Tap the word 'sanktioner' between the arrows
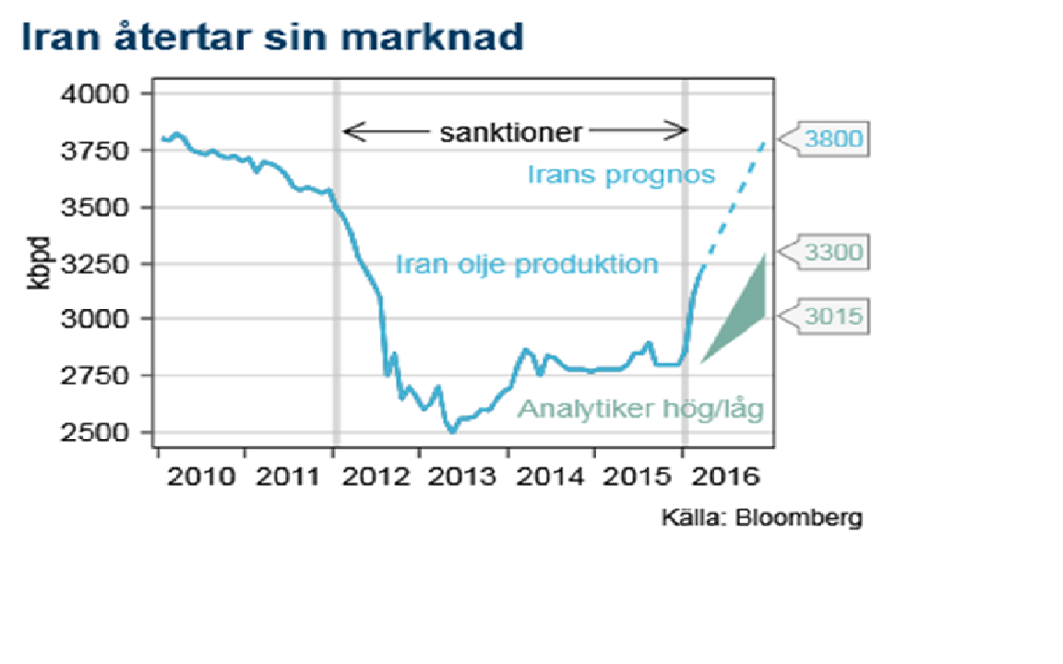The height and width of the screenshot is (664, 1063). pos(510,132)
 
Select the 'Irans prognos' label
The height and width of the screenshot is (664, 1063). pos(621,173)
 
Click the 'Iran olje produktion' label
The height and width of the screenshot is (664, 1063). pos(527,265)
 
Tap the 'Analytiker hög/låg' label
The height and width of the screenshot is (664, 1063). pos(640,409)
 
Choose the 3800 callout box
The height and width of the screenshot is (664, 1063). pos(832,139)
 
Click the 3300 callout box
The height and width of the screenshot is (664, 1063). pos(832,252)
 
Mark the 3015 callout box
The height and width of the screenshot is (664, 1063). pos(832,316)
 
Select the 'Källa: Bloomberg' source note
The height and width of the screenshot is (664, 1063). pos(761,517)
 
